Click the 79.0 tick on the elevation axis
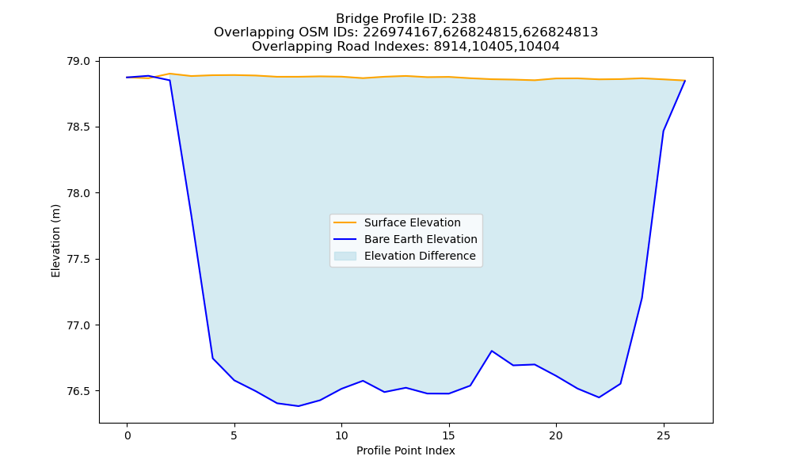[x=78, y=61]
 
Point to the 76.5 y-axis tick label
[x=78, y=391]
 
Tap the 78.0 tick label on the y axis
[x=78, y=193]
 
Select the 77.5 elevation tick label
[x=78, y=260]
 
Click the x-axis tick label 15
[x=448, y=435]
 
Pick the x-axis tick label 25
[x=663, y=435]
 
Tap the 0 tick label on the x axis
[x=128, y=435]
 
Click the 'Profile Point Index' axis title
[x=406, y=450]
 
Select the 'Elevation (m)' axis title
[x=55, y=241]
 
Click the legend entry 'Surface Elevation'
[x=412, y=222]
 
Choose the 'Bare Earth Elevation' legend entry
[x=421, y=239]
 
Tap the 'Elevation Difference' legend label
[x=420, y=256]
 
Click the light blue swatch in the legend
[x=345, y=256]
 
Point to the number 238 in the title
[x=463, y=19]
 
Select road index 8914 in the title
[x=449, y=47]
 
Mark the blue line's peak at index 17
[x=492, y=351]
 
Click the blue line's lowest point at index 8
[x=299, y=406]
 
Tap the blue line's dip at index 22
[x=599, y=397]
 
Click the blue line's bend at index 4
[x=212, y=358]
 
